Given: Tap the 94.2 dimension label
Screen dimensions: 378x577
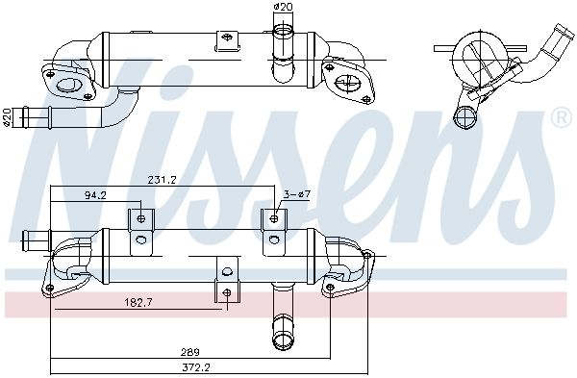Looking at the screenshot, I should [95, 194].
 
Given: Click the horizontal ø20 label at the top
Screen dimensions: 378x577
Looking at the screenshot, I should [283, 8].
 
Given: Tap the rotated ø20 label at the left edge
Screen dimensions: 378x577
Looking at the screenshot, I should [7, 116].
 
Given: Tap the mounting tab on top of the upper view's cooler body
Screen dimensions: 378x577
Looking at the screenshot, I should [228, 43].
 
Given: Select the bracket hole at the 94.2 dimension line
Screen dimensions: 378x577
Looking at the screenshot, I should [141, 219].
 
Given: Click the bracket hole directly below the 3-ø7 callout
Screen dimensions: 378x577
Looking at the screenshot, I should [274, 219].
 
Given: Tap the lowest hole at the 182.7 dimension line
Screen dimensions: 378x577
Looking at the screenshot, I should [227, 292].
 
